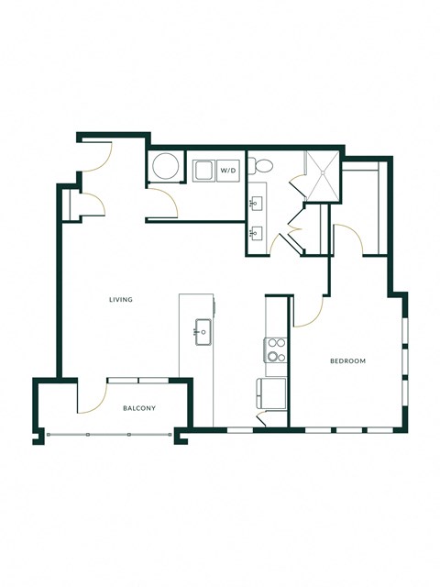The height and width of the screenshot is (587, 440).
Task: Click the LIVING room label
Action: pos(121,300)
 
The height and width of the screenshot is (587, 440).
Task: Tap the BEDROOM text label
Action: pos(347,361)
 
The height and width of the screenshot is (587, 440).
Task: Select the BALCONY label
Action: pos(138,408)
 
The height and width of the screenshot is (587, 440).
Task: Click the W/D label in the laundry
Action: pos(227,169)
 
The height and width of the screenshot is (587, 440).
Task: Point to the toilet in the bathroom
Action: pos(263,166)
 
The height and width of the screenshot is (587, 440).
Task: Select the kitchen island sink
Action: pos(201,331)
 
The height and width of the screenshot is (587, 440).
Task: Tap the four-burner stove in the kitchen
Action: pos(275,350)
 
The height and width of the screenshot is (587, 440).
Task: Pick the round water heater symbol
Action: pos(165,168)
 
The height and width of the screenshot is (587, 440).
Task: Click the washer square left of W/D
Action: pos(203,169)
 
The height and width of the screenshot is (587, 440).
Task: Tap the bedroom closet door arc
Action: pos(352,240)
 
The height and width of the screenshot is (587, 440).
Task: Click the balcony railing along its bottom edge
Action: pos(110,434)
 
